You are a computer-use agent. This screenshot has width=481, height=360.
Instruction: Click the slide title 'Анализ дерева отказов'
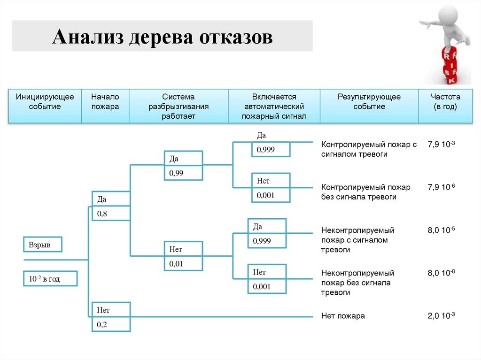(x=162, y=37)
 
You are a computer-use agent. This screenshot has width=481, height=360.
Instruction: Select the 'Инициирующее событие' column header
(x=45, y=102)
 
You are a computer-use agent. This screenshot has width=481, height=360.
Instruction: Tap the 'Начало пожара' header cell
(x=105, y=102)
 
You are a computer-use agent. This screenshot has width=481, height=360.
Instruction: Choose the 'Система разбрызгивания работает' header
(x=178, y=107)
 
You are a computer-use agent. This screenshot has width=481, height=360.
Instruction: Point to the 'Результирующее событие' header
(x=369, y=102)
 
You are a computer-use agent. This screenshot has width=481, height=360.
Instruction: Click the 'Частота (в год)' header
(x=445, y=102)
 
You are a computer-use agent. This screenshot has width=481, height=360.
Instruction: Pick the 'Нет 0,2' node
(x=111, y=317)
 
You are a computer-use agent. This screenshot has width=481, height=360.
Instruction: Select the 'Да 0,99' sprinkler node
(x=183, y=165)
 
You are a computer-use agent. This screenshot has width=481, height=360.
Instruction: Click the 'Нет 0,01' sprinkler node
(x=183, y=256)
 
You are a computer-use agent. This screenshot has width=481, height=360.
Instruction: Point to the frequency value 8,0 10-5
(x=441, y=231)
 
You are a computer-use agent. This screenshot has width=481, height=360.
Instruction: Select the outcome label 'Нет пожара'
(x=343, y=316)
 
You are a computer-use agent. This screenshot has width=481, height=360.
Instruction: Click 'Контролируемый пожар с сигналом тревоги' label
(x=369, y=149)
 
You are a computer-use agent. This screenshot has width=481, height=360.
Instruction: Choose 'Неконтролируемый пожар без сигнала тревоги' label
(x=357, y=283)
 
